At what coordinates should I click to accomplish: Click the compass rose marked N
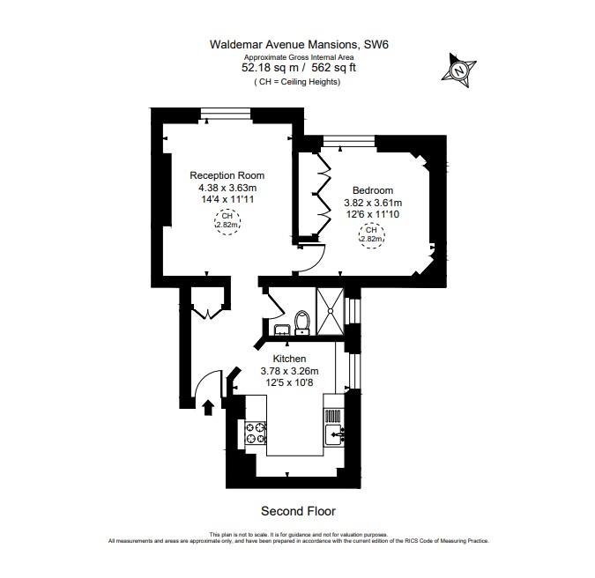point(458,68)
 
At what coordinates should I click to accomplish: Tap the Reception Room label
point(227,175)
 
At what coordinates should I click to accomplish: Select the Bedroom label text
point(373,190)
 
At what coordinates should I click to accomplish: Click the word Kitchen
point(289,359)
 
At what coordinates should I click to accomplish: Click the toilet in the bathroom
point(301,322)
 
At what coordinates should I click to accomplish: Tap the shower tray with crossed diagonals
point(331,311)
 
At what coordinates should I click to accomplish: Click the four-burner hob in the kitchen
point(256,433)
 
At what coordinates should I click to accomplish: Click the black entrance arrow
point(208,406)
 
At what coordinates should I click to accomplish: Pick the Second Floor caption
point(298,511)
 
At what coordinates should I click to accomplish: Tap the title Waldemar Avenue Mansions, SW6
point(297,43)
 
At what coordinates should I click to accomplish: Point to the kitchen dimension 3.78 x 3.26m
point(289,371)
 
